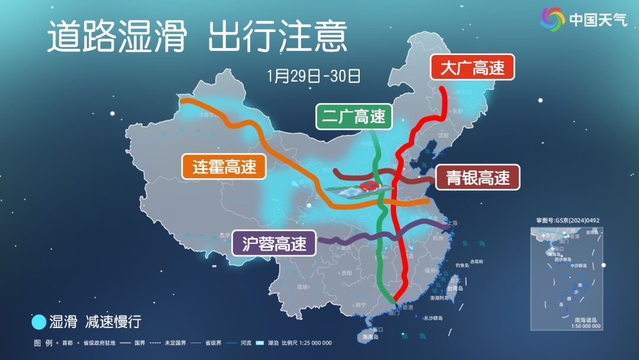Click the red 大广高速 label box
click(x=472, y=67)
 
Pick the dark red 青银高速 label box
click(x=477, y=177)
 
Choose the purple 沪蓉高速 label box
click(x=274, y=243)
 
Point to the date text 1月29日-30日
click(x=314, y=76)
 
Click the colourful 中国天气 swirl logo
click(x=553, y=20)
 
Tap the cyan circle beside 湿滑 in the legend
click(x=38, y=322)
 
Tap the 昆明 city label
click(x=302, y=287)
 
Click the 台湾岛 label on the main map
click(x=455, y=288)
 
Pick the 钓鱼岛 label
click(x=463, y=265)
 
